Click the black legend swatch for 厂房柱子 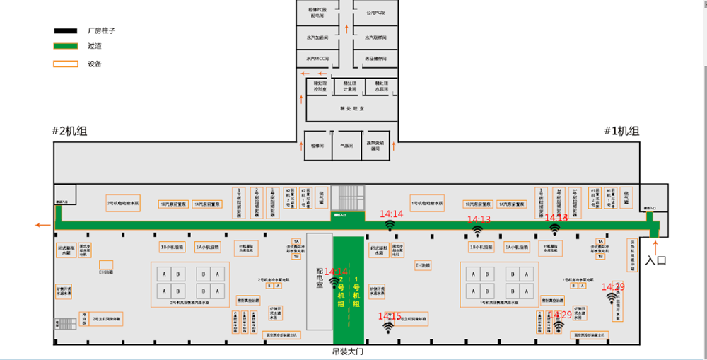tap(66, 31)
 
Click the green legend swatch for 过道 tap(66, 47)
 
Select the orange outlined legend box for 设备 tap(66, 64)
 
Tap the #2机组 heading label tap(70, 131)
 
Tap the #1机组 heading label tap(621, 131)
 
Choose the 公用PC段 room tap(375, 13)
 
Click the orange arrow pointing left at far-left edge tap(43, 226)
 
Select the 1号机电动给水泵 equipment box tap(428, 203)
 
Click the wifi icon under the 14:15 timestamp tap(388, 327)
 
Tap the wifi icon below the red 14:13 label tap(478, 231)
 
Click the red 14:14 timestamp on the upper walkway tap(391, 214)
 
